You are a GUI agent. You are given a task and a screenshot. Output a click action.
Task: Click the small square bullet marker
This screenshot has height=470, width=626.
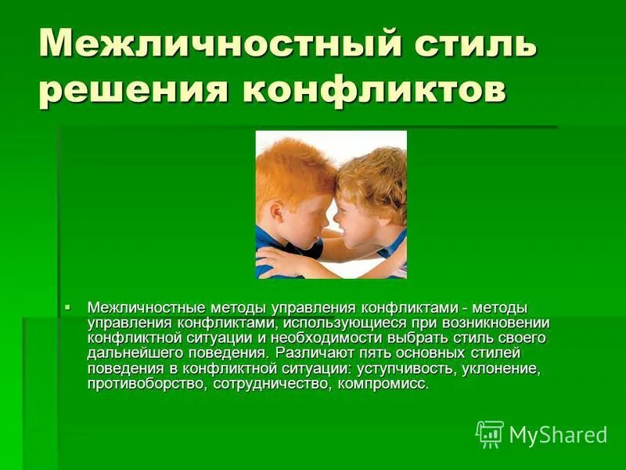(x=68, y=305)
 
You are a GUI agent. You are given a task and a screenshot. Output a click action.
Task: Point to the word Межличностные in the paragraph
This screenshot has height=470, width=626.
(x=133, y=307)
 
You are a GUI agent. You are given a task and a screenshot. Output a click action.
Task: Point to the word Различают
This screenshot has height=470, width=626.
(x=310, y=354)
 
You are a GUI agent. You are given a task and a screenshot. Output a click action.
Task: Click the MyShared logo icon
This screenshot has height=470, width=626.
(x=490, y=434)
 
